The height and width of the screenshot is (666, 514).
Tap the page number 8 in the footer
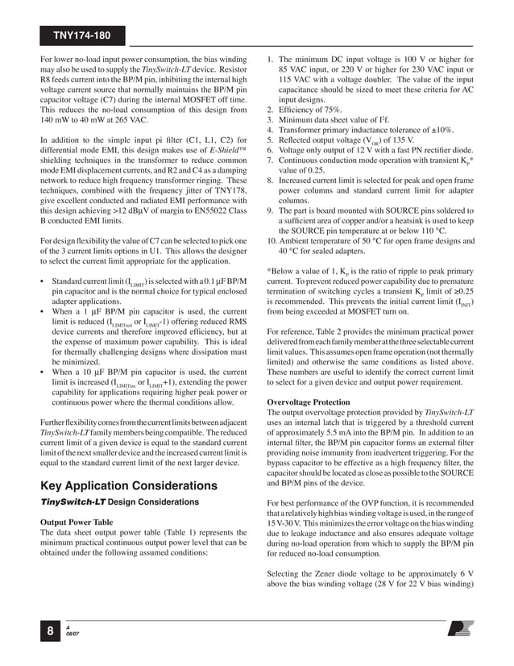pyautogui.click(x=51, y=632)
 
